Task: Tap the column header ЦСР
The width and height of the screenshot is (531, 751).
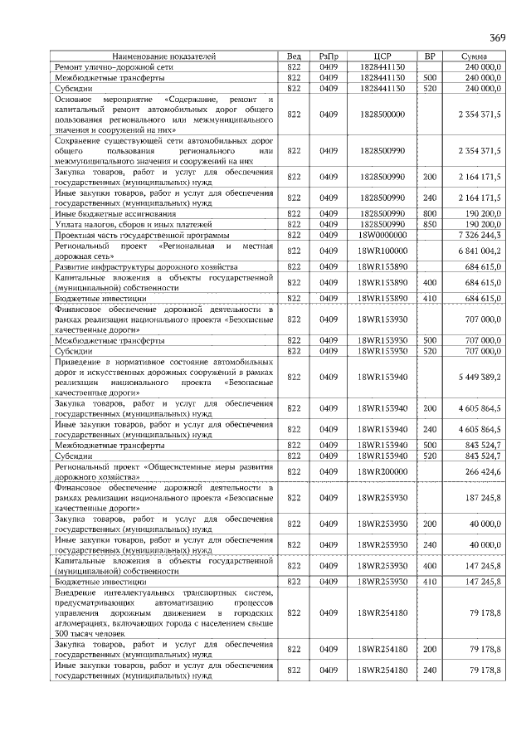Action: pyautogui.click(x=382, y=56)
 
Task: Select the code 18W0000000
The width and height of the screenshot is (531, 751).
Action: pyautogui.click(x=382, y=235)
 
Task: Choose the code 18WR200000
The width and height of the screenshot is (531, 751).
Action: pyautogui.click(x=382, y=471)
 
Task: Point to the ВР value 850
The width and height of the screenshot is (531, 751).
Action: pyautogui.click(x=430, y=224)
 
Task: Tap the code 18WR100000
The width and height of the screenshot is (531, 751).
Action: pyautogui.click(x=382, y=251)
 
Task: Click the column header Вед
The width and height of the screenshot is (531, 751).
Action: pyautogui.click(x=293, y=56)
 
